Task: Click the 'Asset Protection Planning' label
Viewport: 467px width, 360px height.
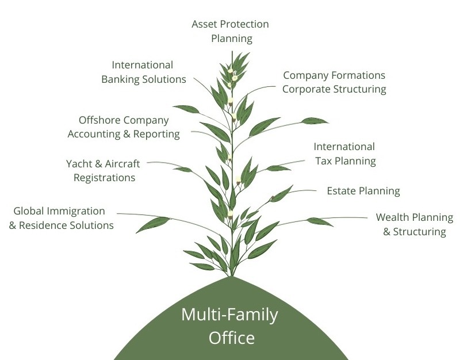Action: (x=230, y=32)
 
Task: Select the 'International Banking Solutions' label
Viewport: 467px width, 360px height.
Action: (x=143, y=72)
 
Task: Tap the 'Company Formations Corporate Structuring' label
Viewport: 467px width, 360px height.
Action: (x=334, y=82)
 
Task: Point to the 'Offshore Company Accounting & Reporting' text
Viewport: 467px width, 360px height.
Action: (x=124, y=127)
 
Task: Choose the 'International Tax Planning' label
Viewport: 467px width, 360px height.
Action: (x=344, y=154)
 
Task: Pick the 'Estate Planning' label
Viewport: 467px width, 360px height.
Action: (x=363, y=191)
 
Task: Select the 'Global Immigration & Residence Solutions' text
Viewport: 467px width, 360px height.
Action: (x=61, y=218)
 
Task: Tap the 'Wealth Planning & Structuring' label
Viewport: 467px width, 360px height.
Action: (x=414, y=225)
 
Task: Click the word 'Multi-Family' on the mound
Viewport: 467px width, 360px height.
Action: (x=229, y=315)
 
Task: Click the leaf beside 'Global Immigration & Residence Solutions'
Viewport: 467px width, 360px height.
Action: (x=152, y=224)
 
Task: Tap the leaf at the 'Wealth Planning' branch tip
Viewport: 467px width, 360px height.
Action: (x=320, y=221)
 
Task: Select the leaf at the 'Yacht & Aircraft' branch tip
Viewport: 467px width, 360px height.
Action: (x=183, y=170)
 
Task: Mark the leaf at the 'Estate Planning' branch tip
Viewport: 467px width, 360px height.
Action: (x=281, y=194)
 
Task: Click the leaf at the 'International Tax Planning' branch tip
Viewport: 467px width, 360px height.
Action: (x=278, y=168)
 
